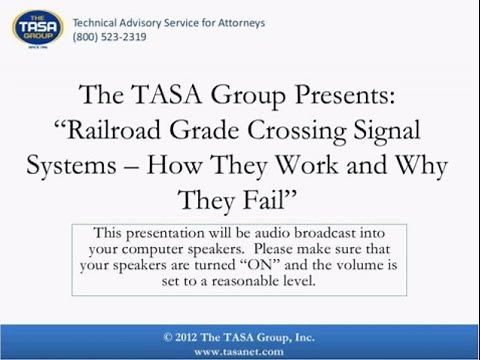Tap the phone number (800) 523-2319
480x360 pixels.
109,38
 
